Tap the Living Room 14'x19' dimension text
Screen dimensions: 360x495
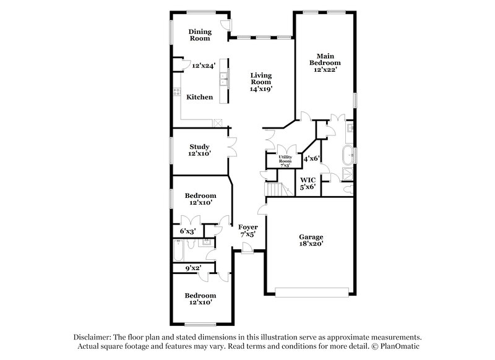click(x=260, y=88)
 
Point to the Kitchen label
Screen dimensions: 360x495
click(x=200, y=97)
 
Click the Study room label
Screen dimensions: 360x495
click(x=199, y=147)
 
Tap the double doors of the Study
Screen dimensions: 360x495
click(x=231, y=147)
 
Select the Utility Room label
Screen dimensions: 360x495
click(x=285, y=159)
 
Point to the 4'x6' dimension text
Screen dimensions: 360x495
click(x=311, y=159)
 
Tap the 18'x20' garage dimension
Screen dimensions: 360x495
click(x=311, y=244)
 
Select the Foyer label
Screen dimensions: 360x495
click(x=248, y=227)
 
